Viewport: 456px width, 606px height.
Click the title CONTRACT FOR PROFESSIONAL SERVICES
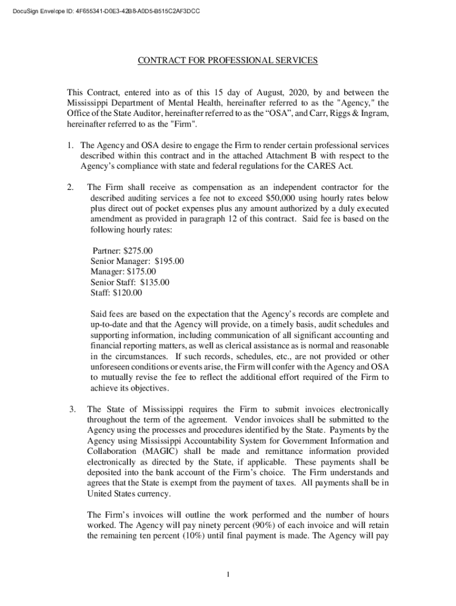click(x=228, y=60)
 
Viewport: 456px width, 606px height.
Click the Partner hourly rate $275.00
click(x=140, y=250)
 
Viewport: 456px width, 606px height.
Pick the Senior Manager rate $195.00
click(x=169, y=261)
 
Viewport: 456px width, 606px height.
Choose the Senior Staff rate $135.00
click(x=155, y=282)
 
